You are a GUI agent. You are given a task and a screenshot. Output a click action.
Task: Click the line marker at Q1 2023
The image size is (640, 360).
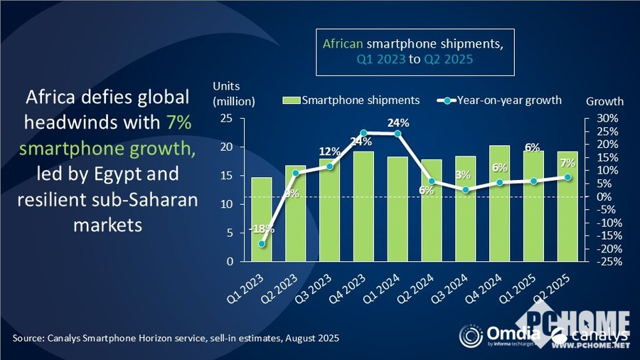[262, 244]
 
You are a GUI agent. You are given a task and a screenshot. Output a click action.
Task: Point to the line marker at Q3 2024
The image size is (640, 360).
[466, 190]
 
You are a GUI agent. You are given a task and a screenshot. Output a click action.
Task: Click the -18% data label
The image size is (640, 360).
[262, 229]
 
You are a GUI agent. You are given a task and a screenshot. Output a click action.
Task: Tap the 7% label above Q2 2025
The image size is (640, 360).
[567, 163]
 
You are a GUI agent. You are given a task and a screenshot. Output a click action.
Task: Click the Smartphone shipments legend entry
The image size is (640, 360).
[353, 100]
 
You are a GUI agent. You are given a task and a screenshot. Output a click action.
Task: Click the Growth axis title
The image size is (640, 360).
[604, 101]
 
